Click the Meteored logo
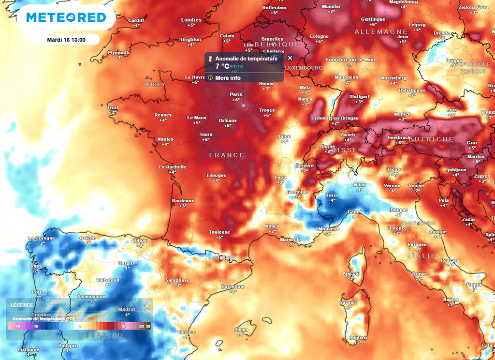pyautogui.click(x=66, y=17)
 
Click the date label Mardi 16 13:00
pyautogui.click(x=66, y=40)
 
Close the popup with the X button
pyautogui.click(x=290, y=58)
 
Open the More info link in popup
pyautogui.click(x=228, y=78)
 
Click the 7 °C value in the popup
pyautogui.click(x=222, y=66)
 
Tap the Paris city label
pyautogui.click(x=236, y=94)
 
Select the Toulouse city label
pyautogui.click(x=219, y=232)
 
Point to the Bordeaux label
pyautogui.click(x=183, y=201)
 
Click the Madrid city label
pyautogui.click(x=126, y=310)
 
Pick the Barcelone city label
pyautogui.click(x=233, y=286)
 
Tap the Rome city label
pyautogui.click(x=419, y=274)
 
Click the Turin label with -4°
pyautogui.click(x=332, y=195)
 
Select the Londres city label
pyautogui.click(x=191, y=20)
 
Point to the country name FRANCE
pyautogui.click(x=227, y=155)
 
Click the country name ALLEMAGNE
pyautogui.click(x=375, y=32)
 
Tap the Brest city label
pyautogui.click(x=112, y=107)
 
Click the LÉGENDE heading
pyautogui.click(x=22, y=305)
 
